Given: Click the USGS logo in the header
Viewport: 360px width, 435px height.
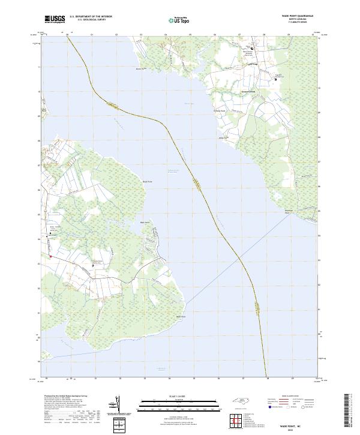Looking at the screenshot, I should (55, 20).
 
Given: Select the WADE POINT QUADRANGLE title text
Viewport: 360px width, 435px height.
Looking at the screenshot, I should (292, 17).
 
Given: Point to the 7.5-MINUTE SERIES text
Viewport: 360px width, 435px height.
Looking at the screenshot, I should (292, 25).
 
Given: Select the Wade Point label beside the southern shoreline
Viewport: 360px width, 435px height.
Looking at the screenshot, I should (179, 316).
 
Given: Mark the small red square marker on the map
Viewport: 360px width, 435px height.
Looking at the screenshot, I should (51, 257).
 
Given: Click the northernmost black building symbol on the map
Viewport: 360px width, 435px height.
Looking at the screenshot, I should (252, 47).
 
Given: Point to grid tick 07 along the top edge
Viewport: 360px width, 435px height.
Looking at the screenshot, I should (239, 35).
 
